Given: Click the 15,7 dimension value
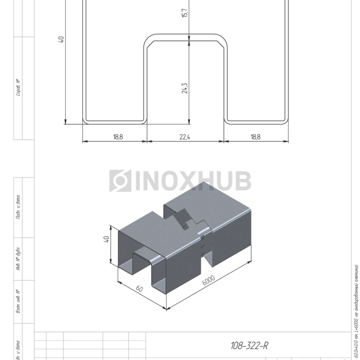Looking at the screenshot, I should click(x=185, y=12).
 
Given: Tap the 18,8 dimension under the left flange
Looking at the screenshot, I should click(x=118, y=137).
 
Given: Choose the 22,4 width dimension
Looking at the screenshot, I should click(x=185, y=137).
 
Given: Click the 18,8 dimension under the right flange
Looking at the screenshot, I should click(x=256, y=137).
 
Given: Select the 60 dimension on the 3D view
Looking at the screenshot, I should click(x=139, y=289).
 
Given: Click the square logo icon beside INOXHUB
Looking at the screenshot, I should click(x=120, y=181).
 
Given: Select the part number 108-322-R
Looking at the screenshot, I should click(x=249, y=346).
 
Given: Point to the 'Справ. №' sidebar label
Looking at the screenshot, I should click(x=19, y=87).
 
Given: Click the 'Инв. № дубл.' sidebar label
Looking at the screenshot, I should click(x=19, y=260).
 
